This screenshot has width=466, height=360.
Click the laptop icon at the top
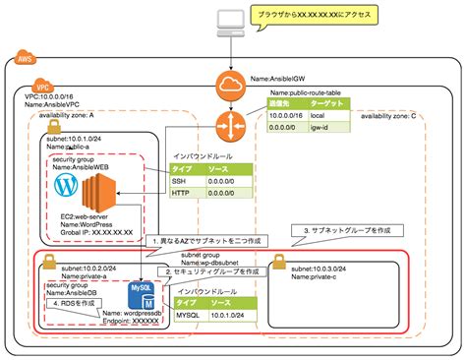pos(232,20)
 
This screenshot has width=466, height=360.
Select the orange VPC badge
pos(41,87)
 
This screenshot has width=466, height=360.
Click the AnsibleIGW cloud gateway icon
pos(233,84)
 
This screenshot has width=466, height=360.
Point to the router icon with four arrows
pos(232,125)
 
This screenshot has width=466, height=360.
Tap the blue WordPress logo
pos(66,184)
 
